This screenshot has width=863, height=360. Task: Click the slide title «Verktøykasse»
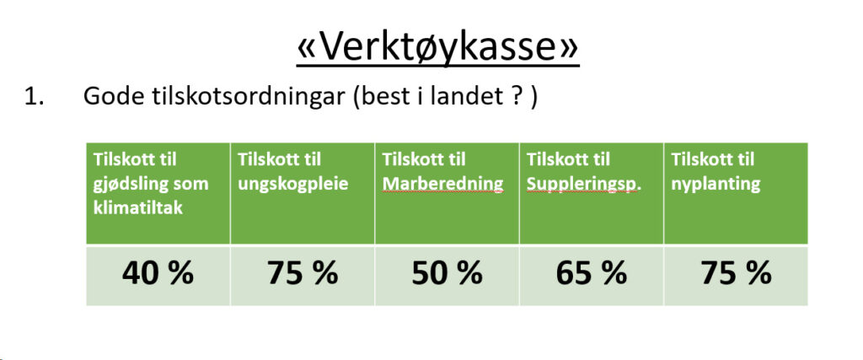coord(437,47)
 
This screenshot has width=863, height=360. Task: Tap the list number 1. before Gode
coord(34,97)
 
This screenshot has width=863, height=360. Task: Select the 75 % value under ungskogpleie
coord(303,272)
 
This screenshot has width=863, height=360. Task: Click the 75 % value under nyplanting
coord(736,272)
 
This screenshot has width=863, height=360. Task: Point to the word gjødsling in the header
coord(126,185)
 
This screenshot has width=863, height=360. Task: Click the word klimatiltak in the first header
coord(137,208)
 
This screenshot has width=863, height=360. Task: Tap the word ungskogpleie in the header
coord(292,185)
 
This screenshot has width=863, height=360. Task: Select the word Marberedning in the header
coord(443,184)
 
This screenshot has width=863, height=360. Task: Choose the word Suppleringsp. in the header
coord(584,185)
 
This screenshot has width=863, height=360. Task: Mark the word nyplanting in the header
coord(716,185)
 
